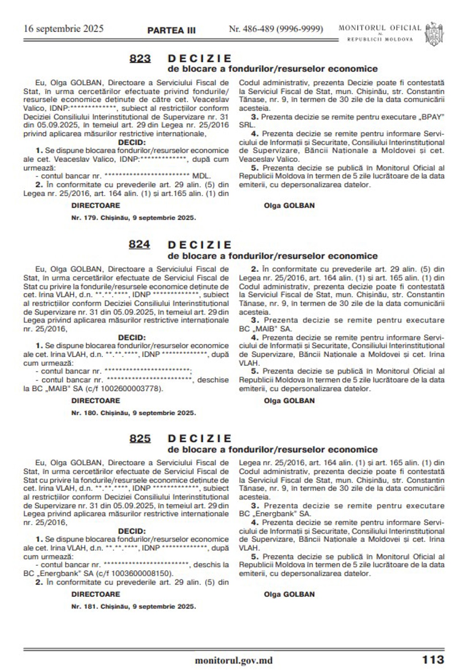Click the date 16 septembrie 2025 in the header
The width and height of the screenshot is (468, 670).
pyautogui.click(x=64, y=29)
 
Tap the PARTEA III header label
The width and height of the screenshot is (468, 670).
pyautogui.click(x=171, y=30)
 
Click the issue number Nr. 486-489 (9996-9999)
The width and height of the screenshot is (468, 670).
pyautogui.click(x=276, y=29)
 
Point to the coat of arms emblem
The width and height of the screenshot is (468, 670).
pyautogui.click(x=434, y=33)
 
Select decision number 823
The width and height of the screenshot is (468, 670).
pyautogui.click(x=140, y=59)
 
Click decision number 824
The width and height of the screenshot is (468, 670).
pyautogui.click(x=139, y=244)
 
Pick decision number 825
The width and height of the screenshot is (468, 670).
pyautogui.click(x=140, y=438)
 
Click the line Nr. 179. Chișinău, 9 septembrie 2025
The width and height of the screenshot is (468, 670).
pyautogui.click(x=133, y=218)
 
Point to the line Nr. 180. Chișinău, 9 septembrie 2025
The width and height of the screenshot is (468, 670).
pyautogui.click(x=133, y=413)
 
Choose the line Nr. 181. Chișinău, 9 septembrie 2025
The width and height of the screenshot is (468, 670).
pyautogui.click(x=133, y=606)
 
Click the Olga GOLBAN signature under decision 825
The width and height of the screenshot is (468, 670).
pyautogui.click(x=289, y=594)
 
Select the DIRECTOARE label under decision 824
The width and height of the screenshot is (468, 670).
pyautogui.click(x=96, y=401)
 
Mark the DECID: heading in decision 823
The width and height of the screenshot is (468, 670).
pyautogui.click(x=132, y=142)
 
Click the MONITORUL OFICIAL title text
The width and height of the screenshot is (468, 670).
pyautogui.click(x=380, y=28)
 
